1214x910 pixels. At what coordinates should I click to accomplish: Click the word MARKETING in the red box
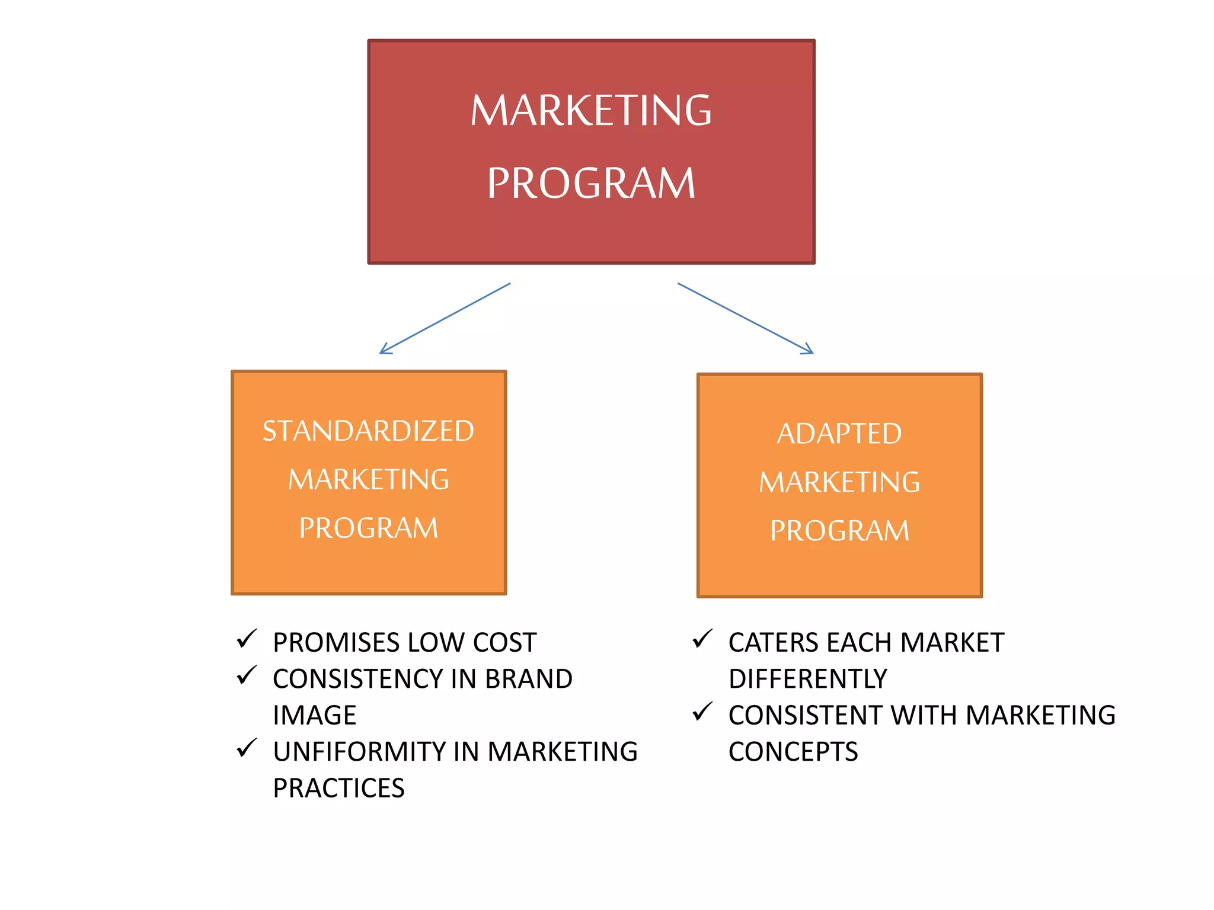point(591,111)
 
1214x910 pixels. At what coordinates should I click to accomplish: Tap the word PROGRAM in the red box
point(591,183)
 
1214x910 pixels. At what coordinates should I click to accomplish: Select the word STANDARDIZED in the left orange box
point(368,431)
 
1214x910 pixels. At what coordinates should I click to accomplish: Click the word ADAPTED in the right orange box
point(839,434)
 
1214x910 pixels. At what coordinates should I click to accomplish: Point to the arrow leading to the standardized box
point(445,319)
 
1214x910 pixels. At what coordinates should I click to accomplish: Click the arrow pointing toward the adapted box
point(745,319)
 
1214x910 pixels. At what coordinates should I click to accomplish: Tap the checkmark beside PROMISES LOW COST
point(246,639)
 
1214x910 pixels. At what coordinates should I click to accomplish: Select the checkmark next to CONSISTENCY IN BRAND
point(246,675)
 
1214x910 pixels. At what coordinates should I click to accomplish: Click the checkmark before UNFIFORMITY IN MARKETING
point(246,748)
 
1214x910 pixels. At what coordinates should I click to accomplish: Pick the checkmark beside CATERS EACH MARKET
point(702,639)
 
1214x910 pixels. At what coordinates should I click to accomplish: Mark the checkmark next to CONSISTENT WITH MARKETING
point(702,712)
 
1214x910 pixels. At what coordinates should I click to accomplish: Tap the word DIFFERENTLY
point(808,679)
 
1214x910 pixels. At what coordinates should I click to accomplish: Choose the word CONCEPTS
point(793,752)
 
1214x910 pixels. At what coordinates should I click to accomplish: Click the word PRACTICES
point(338,789)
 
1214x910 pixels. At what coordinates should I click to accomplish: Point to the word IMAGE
point(315,716)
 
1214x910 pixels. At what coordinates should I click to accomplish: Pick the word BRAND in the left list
point(529,679)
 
